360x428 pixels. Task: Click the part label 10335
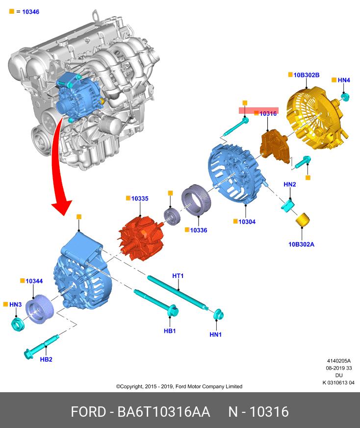point(140,199)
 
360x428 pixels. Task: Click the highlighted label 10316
point(268,113)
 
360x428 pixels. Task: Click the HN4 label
point(344,80)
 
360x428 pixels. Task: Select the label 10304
point(247,222)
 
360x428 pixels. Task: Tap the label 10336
point(199,230)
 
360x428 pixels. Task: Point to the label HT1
point(178,276)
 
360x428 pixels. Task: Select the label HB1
point(170,331)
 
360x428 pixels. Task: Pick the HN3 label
point(16,304)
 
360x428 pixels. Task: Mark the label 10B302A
point(302,244)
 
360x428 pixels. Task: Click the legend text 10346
point(30,11)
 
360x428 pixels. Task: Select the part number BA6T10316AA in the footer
point(164,411)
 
